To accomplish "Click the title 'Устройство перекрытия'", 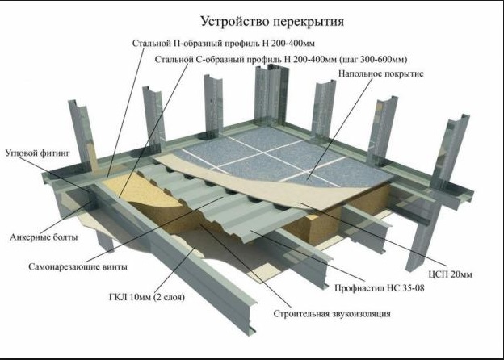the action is click(x=272, y=21).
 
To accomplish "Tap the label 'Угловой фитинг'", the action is click(x=38, y=153).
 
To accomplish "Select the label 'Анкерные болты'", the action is click(x=44, y=237).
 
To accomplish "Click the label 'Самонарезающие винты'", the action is click(x=78, y=266).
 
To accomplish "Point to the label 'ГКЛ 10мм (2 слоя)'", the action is click(x=147, y=297).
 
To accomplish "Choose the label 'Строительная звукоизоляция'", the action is click(x=332, y=313).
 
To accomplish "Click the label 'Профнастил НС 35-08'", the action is click(x=380, y=287).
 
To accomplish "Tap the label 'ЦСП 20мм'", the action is click(x=451, y=274).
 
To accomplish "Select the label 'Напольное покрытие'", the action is click(x=381, y=73).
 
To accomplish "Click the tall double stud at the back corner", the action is click(x=270, y=95).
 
